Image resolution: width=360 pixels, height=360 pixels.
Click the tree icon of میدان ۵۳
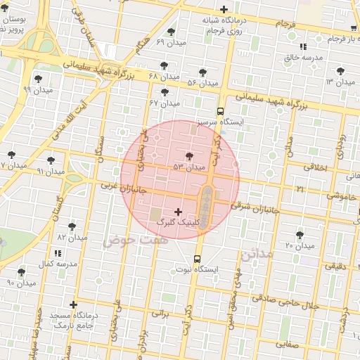click(x=188, y=156)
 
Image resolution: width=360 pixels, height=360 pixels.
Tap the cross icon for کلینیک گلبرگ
click(x=177, y=212)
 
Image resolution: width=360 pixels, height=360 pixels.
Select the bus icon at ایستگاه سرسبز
click(x=221, y=111)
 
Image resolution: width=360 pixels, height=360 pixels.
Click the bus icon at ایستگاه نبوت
click(x=197, y=258)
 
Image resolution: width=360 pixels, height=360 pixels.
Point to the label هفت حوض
click(x=127, y=240)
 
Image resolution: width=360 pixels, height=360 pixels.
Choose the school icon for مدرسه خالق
click(x=303, y=46)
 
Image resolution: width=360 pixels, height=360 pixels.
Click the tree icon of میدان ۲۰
click(x=300, y=235)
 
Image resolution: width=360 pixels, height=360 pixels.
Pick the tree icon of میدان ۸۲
click(x=72, y=226)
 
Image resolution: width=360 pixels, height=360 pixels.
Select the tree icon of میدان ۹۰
click(x=21, y=271)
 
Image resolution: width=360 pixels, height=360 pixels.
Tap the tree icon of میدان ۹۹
click(x=37, y=79)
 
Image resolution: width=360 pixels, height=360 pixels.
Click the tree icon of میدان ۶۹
click(x=172, y=32)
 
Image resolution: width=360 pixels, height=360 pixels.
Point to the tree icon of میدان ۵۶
click(x=203, y=72)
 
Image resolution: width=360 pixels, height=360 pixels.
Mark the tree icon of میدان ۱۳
click(x=342, y=71)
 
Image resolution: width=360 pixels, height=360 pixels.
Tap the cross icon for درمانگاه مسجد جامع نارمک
click(x=94, y=304)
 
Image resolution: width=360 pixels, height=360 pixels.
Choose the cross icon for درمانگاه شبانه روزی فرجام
click(x=224, y=10)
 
